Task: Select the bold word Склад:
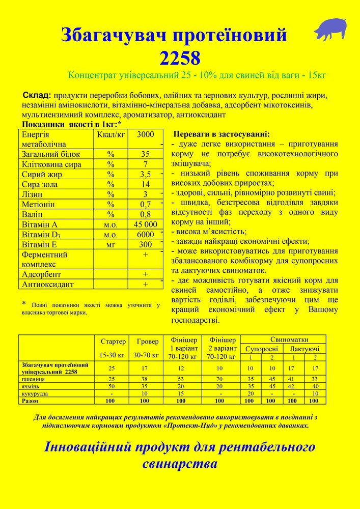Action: (x=37, y=96)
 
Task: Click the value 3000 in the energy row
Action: (x=145, y=134)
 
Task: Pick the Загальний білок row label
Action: (x=46, y=154)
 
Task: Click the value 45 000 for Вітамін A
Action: (x=145, y=224)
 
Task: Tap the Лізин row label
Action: (x=32, y=194)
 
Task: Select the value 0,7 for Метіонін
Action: (x=145, y=205)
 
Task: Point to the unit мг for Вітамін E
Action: (x=110, y=244)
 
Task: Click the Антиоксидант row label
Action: (x=48, y=284)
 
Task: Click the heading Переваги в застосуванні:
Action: (x=222, y=135)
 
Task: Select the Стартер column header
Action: (x=113, y=341)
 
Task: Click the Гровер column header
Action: (x=148, y=341)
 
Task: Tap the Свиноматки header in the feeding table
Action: (x=289, y=339)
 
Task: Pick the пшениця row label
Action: (x=33, y=379)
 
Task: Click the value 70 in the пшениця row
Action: (x=219, y=379)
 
